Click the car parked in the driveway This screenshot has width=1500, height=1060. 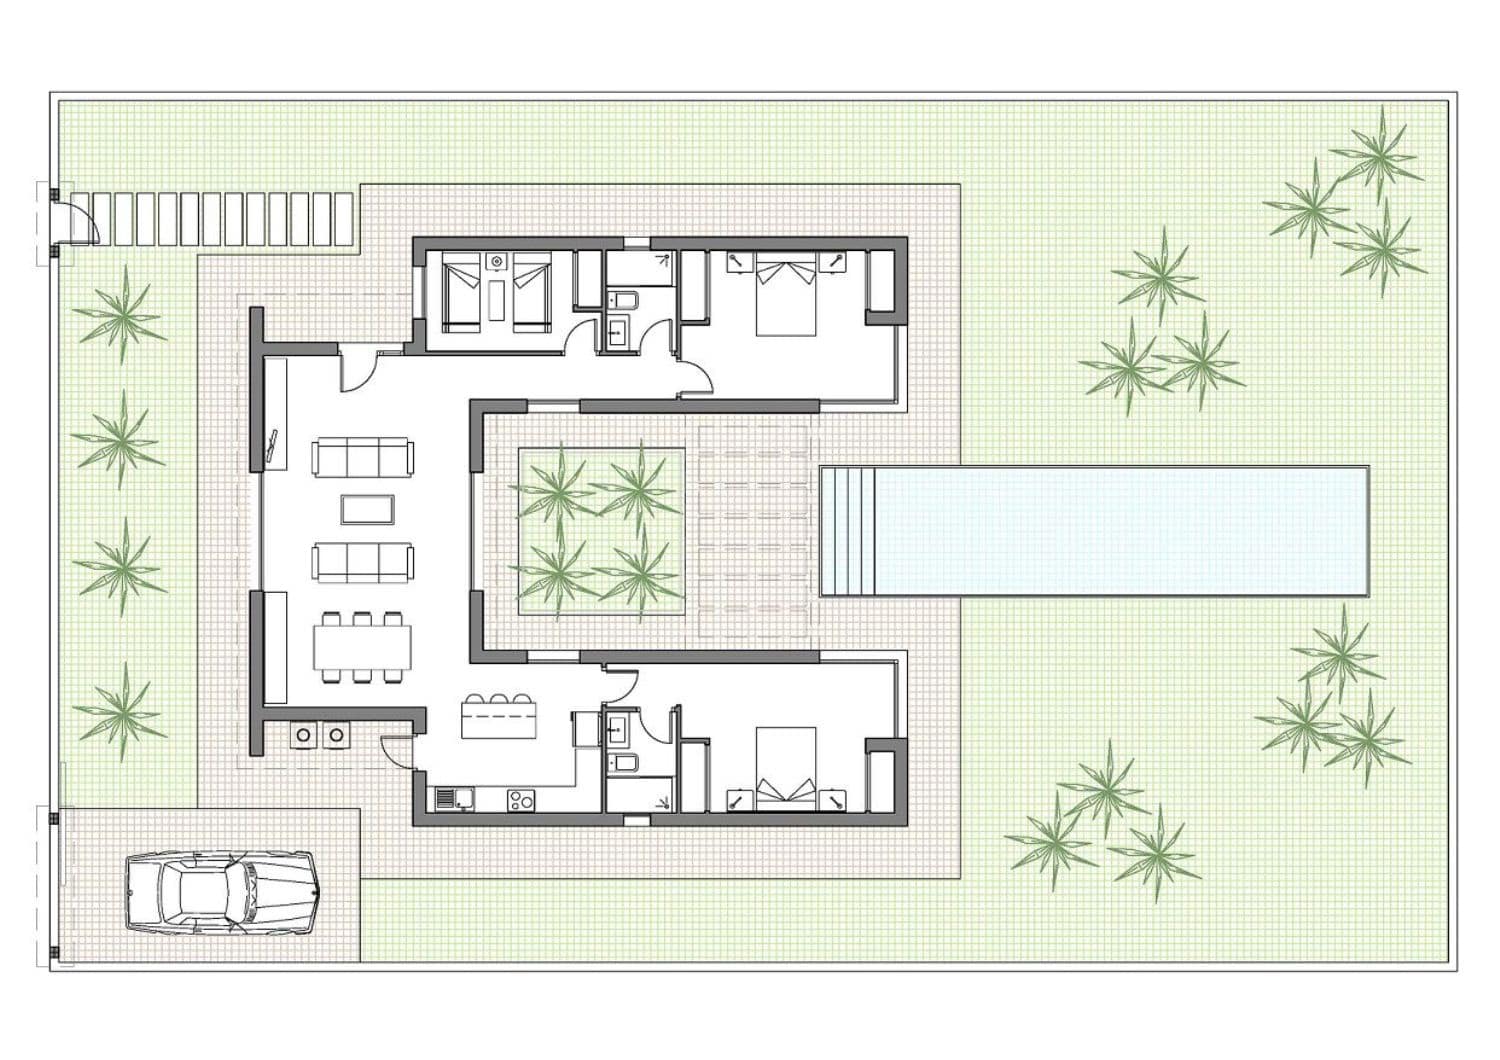[220, 892]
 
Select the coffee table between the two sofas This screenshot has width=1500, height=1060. [360, 509]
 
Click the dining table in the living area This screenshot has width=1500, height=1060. [362, 647]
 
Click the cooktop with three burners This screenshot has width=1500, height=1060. [520, 799]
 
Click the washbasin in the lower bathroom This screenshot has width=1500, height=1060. [618, 727]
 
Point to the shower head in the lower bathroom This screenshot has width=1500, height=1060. [663, 800]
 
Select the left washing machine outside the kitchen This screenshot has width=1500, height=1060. [303, 735]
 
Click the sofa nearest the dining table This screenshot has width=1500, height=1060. [362, 562]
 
